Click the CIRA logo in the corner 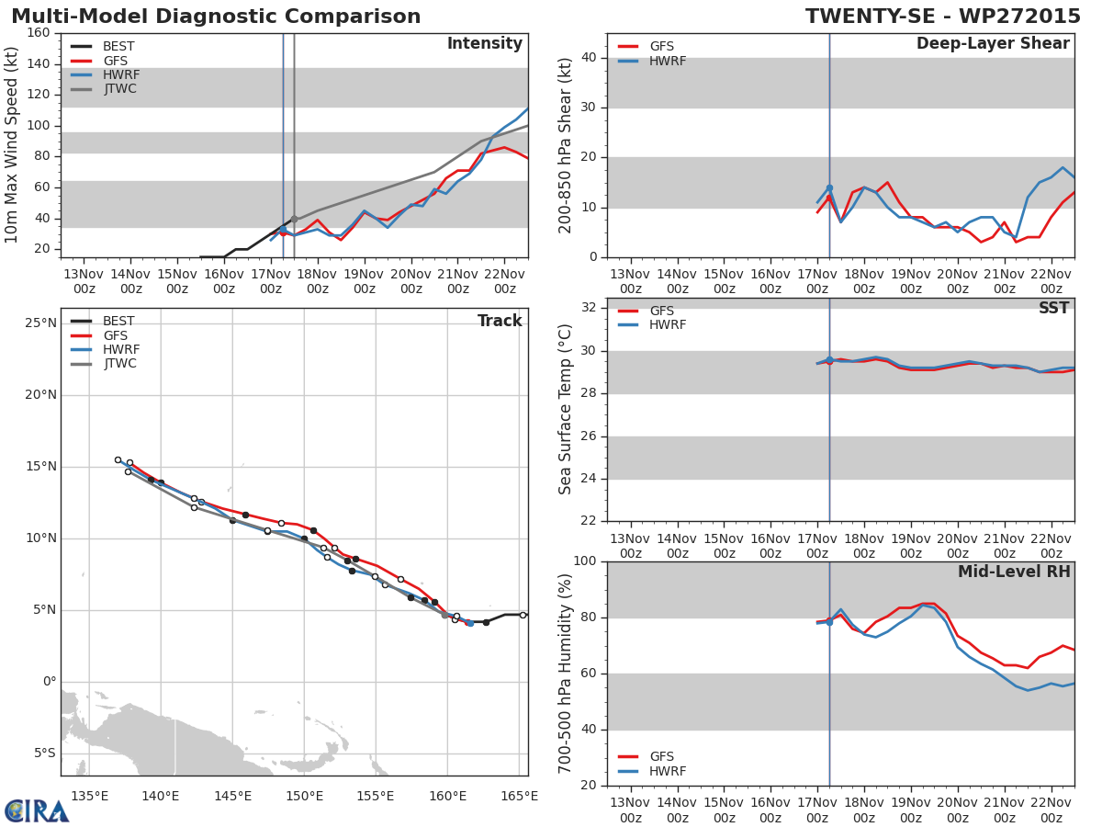click(x=37, y=810)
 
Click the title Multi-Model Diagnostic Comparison click(x=216, y=17)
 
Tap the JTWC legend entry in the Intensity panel click(x=120, y=89)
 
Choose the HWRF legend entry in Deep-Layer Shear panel click(x=668, y=61)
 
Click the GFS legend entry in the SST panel click(x=661, y=312)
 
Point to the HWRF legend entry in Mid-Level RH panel click(x=668, y=772)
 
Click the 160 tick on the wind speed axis click(x=38, y=33)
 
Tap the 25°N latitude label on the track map click(x=41, y=323)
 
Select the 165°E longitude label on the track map click(x=520, y=796)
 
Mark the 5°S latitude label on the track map click(x=41, y=753)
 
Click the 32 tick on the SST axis click(x=588, y=308)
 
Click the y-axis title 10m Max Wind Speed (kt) click(x=12, y=145)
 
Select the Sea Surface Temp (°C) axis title click(x=566, y=410)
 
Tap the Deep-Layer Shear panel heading click(x=993, y=44)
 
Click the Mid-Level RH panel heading click(x=1013, y=572)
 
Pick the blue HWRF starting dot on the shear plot click(x=829, y=188)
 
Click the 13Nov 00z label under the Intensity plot click(x=84, y=281)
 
